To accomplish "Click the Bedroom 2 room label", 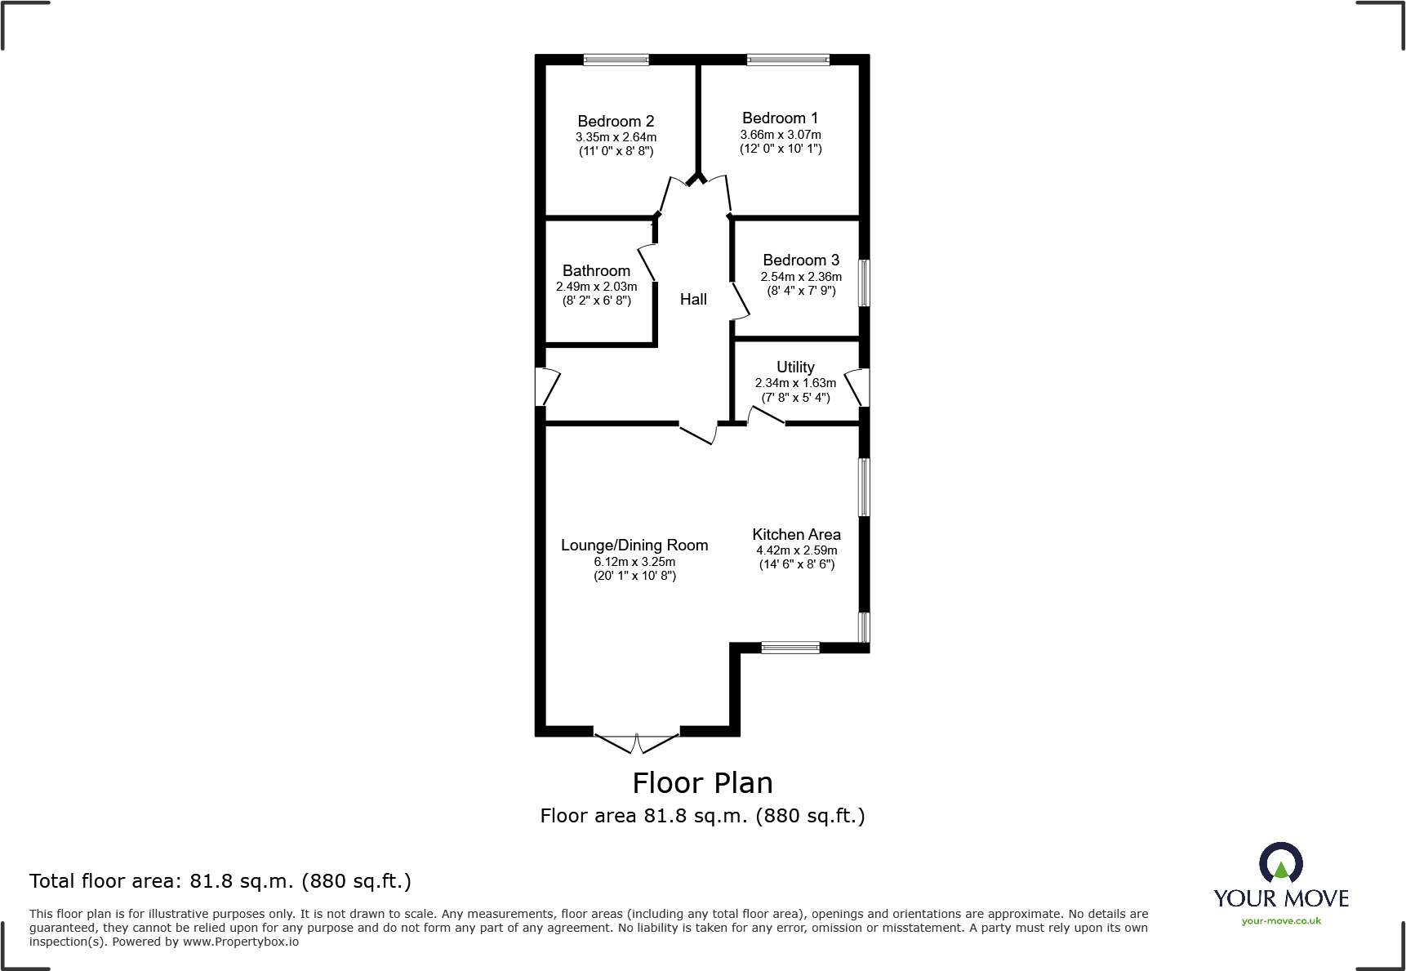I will point(616,122).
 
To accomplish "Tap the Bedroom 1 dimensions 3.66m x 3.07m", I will point(781,135).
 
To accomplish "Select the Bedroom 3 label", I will point(800,261).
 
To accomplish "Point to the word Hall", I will point(693,300).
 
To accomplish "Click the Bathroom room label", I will point(596,271).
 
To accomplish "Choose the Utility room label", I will point(795,367).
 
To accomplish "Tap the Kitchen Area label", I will point(796,535).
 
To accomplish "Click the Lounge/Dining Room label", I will point(634,546).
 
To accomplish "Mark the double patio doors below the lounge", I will point(637,742).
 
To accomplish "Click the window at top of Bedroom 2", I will point(616,60).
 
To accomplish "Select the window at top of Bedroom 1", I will point(788,60).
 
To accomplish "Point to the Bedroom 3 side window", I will point(864,283).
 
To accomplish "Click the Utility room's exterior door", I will point(858,387).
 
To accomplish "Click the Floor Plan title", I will point(702,783).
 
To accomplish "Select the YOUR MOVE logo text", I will point(1281,899).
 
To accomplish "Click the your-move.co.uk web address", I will point(1281,921).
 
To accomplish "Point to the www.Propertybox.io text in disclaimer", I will point(240,942).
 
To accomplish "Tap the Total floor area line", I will point(220,881).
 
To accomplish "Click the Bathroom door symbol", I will point(646,261).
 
